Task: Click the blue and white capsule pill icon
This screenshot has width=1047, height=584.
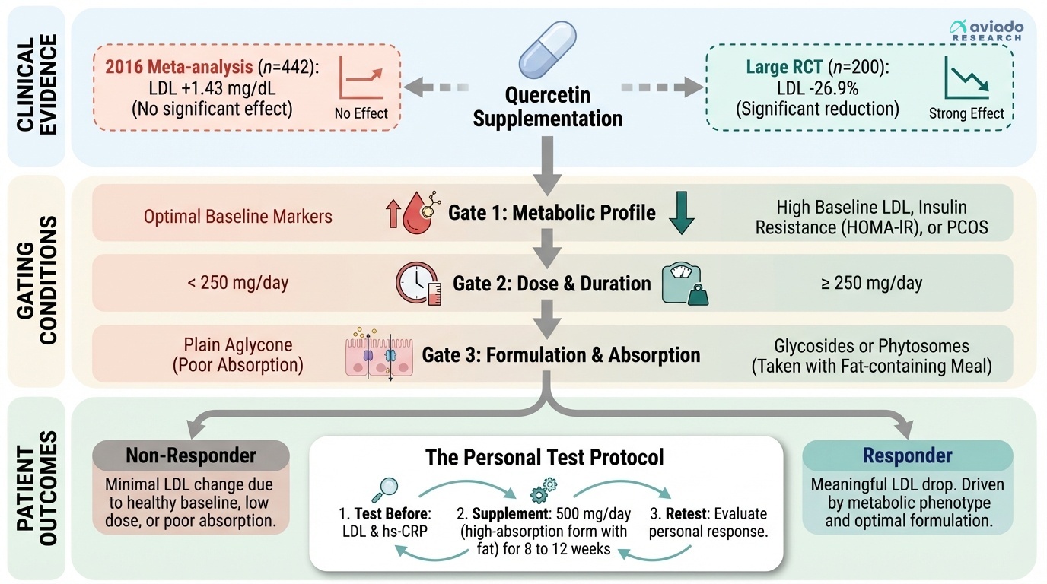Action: click(547, 53)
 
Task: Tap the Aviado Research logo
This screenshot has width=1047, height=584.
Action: click(987, 30)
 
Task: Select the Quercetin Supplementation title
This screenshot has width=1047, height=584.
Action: click(547, 107)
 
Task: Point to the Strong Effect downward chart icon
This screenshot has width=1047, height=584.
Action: click(966, 80)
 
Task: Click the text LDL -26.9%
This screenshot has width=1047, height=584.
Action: click(817, 89)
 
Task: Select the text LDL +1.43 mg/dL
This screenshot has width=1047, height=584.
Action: click(212, 87)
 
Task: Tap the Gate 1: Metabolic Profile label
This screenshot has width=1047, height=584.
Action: click(552, 212)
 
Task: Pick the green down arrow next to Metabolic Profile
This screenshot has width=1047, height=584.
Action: click(681, 214)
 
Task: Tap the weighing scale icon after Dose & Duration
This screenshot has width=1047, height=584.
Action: click(685, 284)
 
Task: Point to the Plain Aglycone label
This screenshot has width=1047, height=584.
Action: click(238, 344)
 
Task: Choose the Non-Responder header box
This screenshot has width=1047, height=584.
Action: click(191, 455)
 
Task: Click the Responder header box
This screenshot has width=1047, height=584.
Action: click(907, 455)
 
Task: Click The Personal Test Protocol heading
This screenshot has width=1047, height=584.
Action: click(546, 457)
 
